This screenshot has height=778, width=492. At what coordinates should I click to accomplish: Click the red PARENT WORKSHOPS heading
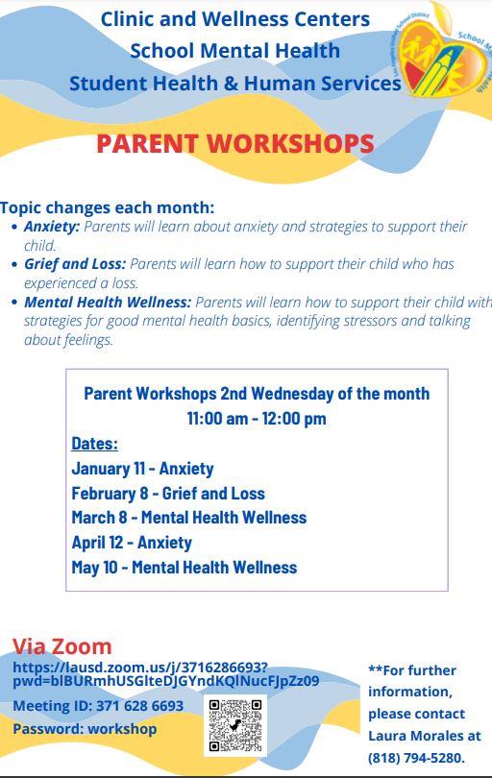tap(234, 144)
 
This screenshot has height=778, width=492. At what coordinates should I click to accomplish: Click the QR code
tap(235, 725)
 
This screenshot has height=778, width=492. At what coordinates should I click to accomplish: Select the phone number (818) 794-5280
tap(416, 758)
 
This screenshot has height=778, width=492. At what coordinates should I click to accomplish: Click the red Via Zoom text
tap(62, 646)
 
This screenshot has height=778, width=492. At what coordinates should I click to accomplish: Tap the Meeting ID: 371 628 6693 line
tap(98, 705)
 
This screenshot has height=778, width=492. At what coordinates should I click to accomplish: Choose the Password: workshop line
tap(85, 729)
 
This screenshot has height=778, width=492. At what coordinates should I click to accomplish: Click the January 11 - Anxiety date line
tap(142, 469)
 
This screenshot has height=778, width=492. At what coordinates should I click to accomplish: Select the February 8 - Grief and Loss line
tap(168, 493)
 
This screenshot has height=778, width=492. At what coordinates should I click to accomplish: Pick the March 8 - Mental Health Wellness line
tap(189, 518)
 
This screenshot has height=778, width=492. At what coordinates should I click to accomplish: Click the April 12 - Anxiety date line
tap(132, 543)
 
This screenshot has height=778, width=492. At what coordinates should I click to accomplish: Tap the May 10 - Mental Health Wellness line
tap(184, 567)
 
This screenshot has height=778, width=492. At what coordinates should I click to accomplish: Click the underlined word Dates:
tap(95, 443)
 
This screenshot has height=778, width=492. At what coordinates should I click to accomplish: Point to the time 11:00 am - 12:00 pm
tap(257, 418)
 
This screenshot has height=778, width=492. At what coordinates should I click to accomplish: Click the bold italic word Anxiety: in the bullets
tap(52, 227)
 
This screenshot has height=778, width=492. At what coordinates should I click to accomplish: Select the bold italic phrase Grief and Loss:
tap(75, 264)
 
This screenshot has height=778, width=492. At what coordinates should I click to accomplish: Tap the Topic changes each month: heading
tap(108, 207)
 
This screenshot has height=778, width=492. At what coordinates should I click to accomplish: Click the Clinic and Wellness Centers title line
tap(235, 19)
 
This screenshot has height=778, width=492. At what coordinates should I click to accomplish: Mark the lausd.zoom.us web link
tap(166, 674)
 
